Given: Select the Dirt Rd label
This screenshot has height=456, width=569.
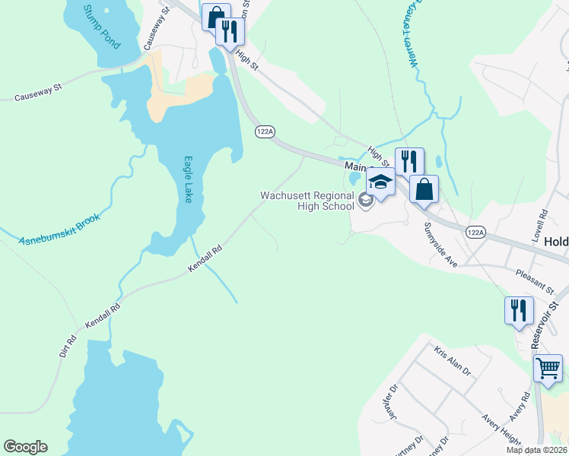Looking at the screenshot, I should [x=68, y=346].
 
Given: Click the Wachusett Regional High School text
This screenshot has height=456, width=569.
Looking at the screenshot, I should [x=307, y=200].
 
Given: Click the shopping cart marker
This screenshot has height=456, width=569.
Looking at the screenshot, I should [x=548, y=369].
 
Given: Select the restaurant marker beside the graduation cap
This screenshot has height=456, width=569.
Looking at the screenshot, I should [x=409, y=160].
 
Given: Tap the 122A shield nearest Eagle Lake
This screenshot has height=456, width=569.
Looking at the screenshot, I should [x=264, y=131].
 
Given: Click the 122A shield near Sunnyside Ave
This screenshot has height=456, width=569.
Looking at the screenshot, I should [x=475, y=232].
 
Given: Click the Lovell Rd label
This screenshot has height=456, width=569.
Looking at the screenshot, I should [x=541, y=225].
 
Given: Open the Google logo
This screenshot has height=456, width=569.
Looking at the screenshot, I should [x=25, y=447].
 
